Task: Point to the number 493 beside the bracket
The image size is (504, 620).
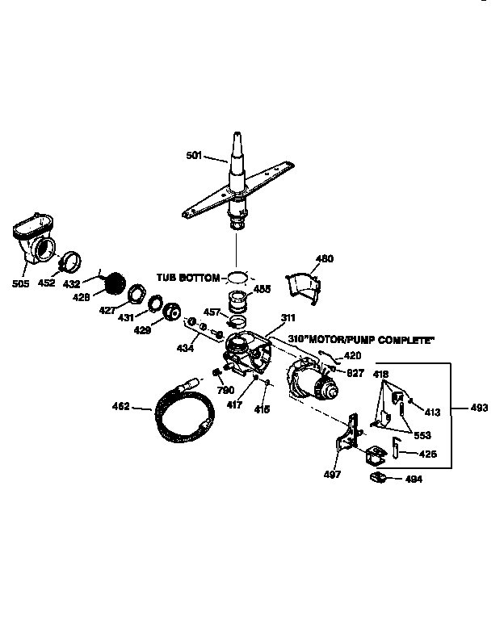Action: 479,408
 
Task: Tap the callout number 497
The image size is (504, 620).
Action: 333,475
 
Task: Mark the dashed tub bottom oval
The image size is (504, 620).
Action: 237,278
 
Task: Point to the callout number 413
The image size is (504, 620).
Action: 433,413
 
